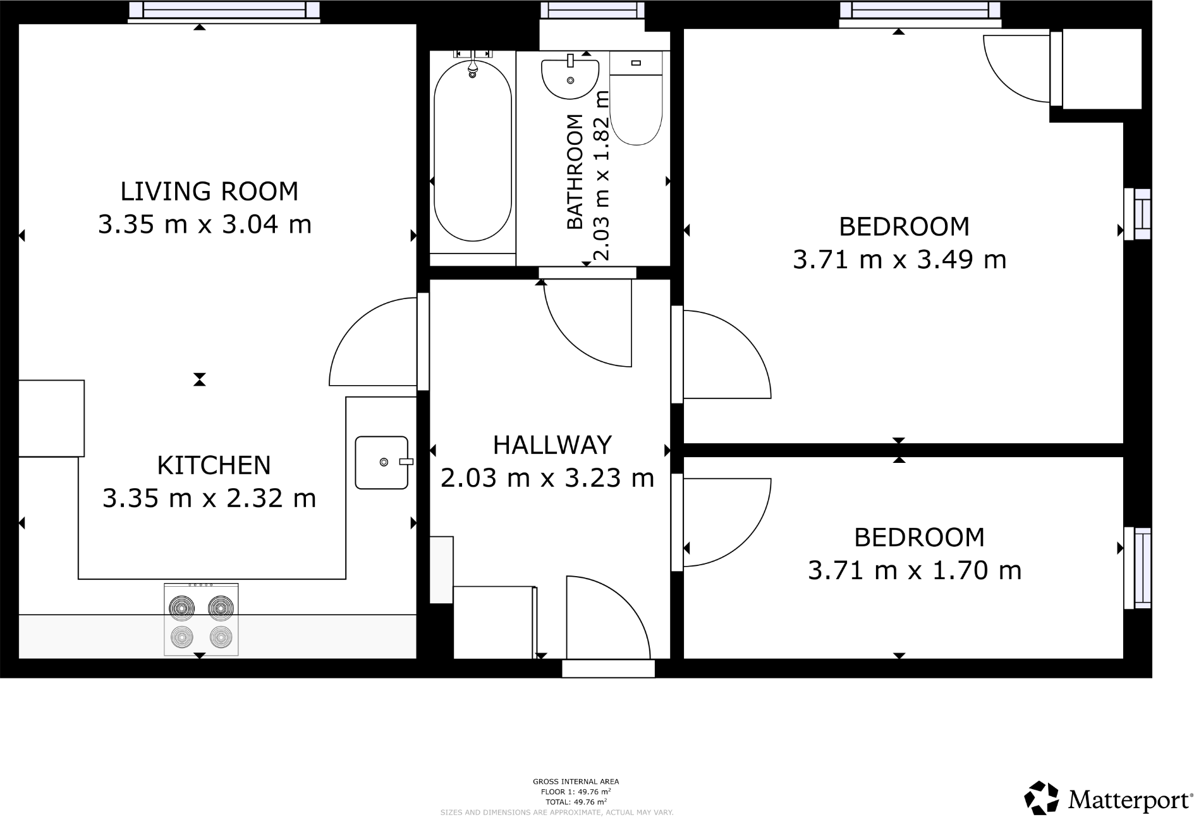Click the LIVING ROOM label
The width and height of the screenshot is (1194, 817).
pos(209,191)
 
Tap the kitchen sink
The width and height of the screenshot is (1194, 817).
pos(382,462)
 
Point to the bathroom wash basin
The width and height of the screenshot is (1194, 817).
pos(570,78)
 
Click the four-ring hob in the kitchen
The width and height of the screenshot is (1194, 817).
pos(201,620)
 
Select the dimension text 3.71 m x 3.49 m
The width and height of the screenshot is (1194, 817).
pos(899,259)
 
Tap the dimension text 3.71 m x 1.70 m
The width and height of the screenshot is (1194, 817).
pos(914,570)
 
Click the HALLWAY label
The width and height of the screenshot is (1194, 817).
pos(552,445)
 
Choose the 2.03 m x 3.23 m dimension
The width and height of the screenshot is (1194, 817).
pos(547,478)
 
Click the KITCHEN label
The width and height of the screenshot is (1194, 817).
pos(214,465)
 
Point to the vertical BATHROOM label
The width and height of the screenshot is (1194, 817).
pos(574,171)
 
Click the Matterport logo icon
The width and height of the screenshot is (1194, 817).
pos(1041,798)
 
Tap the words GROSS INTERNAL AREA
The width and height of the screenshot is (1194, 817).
pos(575,782)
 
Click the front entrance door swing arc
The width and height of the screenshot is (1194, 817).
pos(616,607)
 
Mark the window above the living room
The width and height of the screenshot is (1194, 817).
pos(224,10)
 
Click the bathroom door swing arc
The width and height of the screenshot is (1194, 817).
pos(582,335)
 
